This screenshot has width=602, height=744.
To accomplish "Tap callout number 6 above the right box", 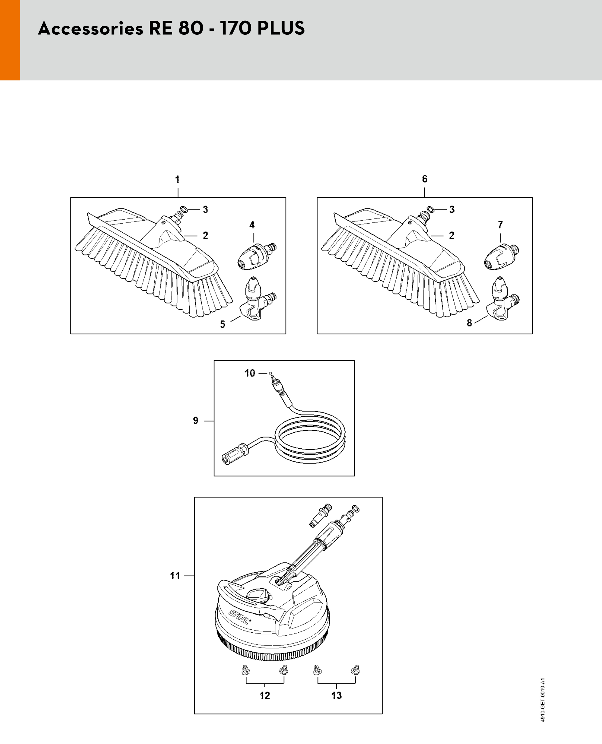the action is (x=425, y=179).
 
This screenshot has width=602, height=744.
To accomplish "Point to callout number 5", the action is (x=223, y=324).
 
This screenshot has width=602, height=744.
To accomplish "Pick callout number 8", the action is (x=469, y=323).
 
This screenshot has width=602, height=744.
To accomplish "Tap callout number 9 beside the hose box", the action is (x=196, y=421).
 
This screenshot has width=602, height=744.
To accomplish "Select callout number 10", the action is (x=250, y=373).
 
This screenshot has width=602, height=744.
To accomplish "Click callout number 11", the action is (x=175, y=576).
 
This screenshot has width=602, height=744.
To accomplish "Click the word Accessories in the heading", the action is (x=91, y=29).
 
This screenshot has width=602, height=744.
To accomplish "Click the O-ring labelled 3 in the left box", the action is (x=184, y=210).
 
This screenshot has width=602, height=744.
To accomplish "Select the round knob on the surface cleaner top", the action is (x=258, y=596).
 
